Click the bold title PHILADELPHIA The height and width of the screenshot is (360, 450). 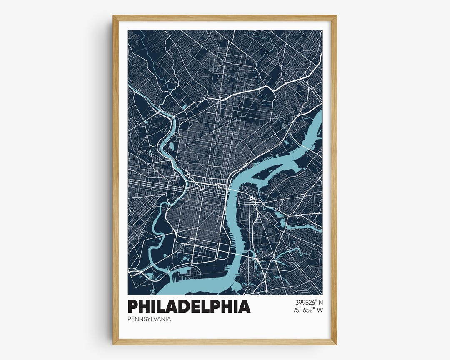coord(189,306)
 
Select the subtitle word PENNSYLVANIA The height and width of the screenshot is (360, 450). coord(149,320)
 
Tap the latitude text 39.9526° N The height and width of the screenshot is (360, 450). coord(309,302)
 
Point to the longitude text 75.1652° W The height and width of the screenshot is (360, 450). coord(309,310)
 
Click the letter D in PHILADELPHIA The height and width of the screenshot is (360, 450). coord(188,306)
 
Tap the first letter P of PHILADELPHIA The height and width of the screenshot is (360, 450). coord(132,306)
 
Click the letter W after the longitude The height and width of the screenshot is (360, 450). coord(320,310)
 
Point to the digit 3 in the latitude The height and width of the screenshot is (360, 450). coord(297,302)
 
